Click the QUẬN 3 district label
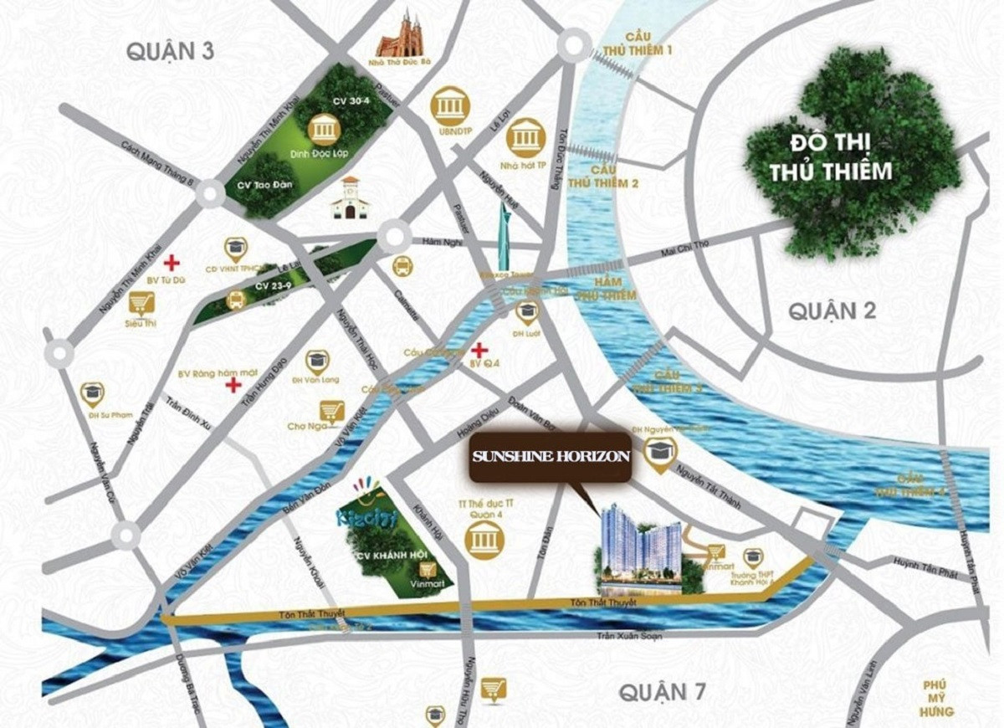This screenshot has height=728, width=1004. tap(171, 51)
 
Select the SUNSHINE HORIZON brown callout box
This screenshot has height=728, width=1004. tap(550, 457)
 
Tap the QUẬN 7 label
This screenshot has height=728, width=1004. tap(662, 692)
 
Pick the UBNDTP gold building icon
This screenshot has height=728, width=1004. tap(449, 106)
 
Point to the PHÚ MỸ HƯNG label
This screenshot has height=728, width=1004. tap(939, 698)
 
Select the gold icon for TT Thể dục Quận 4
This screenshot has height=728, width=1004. tap(484, 541)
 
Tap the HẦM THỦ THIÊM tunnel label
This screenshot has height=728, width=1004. tap(608, 290)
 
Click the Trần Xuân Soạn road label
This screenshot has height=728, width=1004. tap(629, 636)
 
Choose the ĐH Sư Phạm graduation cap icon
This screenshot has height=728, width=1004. tap(92, 392)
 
